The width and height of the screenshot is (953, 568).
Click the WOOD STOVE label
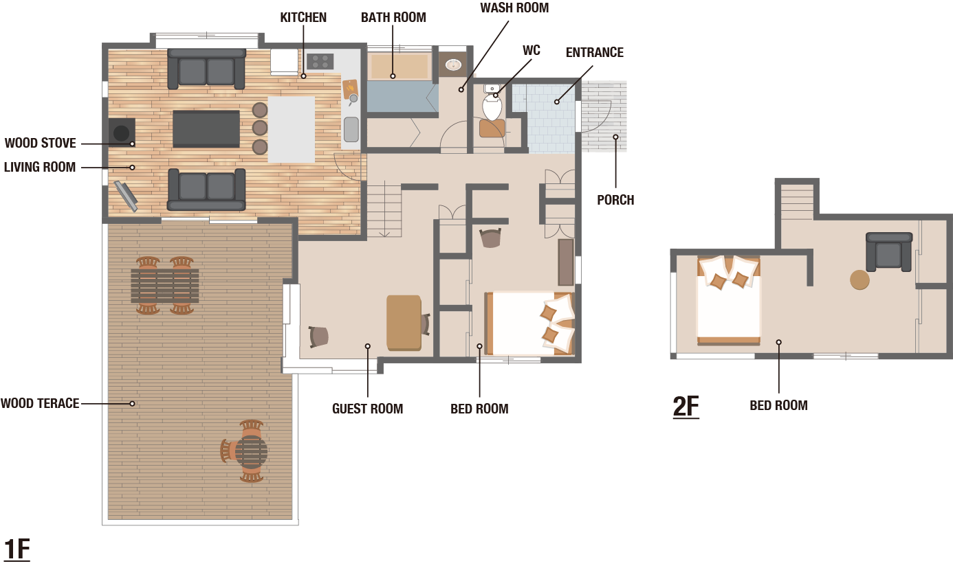pyautogui.click(x=41, y=143)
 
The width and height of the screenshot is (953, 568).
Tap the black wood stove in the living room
pyautogui.click(x=122, y=133)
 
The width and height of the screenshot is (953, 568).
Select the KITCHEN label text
pyautogui.click(x=303, y=17)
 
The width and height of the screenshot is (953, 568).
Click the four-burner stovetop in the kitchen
pyautogui.click(x=320, y=61)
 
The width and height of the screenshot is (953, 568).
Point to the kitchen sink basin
pyautogui.click(x=351, y=130)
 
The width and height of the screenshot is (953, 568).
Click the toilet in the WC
pyautogui.click(x=492, y=102)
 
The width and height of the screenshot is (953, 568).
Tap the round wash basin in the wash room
pyautogui.click(x=453, y=65)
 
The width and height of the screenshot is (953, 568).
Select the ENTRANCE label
pyautogui.click(x=595, y=53)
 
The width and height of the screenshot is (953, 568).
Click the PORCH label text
pyautogui.click(x=615, y=200)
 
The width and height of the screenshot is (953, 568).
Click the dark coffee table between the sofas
pyautogui.click(x=206, y=129)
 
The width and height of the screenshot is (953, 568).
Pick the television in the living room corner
pyautogui.click(x=126, y=196)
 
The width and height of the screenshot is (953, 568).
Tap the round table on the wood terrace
pyautogui.click(x=252, y=451)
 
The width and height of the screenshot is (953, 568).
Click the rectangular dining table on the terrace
pyautogui.click(x=164, y=286)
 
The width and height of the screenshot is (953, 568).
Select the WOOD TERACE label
pyautogui.click(x=40, y=404)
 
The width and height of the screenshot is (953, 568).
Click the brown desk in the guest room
pyautogui.click(x=404, y=323)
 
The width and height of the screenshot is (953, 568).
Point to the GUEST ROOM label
pyautogui.click(x=368, y=409)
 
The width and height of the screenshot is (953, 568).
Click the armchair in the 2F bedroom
pyautogui.click(x=889, y=252)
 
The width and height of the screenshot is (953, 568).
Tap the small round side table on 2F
pyautogui.click(x=859, y=280)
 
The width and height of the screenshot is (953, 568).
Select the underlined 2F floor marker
pyautogui.click(x=686, y=407)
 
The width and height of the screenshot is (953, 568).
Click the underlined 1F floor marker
pyautogui.click(x=17, y=549)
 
